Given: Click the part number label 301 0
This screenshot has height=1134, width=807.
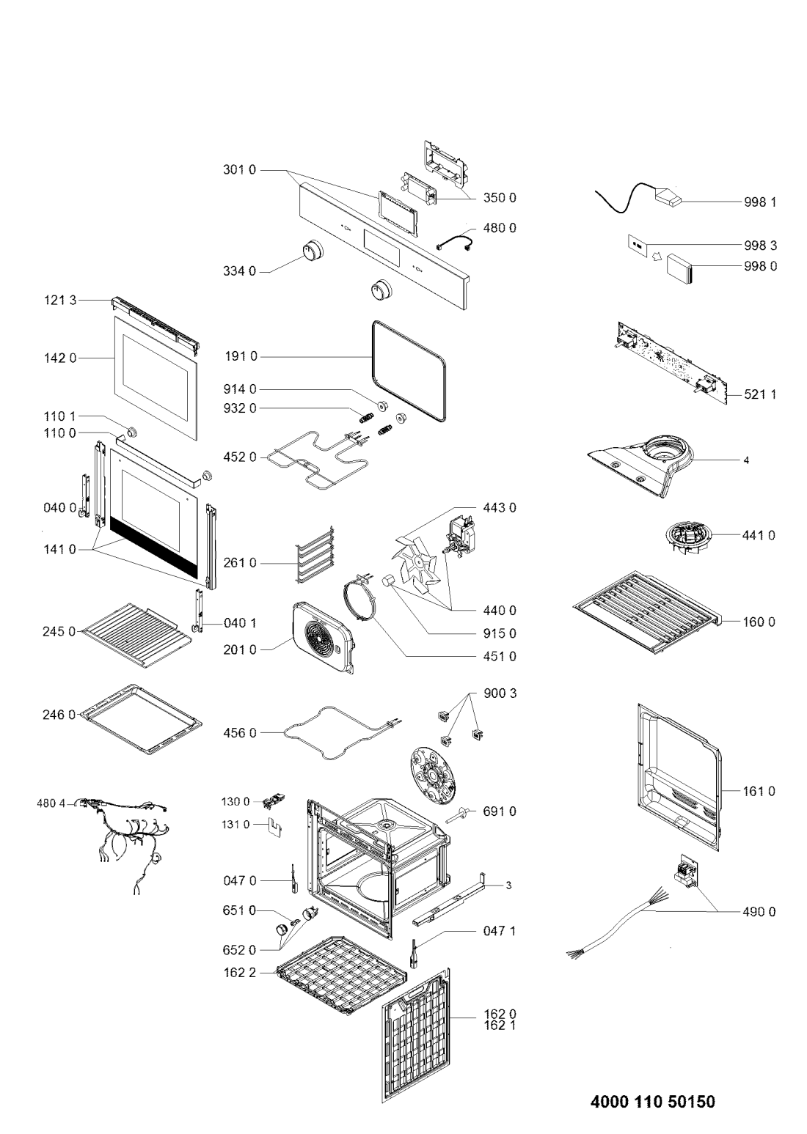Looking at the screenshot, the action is click(x=240, y=170).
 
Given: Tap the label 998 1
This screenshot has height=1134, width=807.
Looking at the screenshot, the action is click(x=760, y=202).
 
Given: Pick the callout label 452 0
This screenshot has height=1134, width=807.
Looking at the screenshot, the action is click(x=240, y=457).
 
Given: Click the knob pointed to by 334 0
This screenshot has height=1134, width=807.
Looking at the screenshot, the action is click(x=313, y=251).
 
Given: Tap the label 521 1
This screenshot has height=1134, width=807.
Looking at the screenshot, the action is click(x=760, y=394).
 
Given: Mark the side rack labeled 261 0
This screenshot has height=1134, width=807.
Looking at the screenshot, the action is click(x=315, y=554).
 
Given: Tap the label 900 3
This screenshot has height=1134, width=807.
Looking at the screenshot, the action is click(x=500, y=693).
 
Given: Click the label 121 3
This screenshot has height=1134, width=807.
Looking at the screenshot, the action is click(x=59, y=301).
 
